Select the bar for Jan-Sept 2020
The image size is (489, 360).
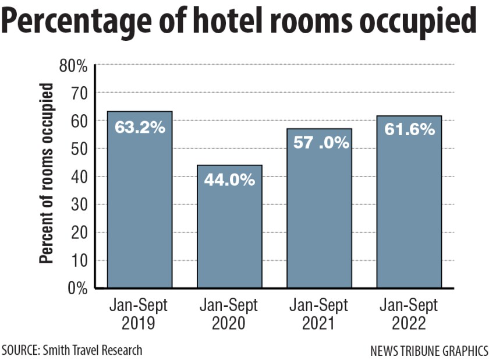click(x=229, y=233)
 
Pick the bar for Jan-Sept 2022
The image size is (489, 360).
click(x=409, y=210)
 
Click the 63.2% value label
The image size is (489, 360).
click(x=140, y=128)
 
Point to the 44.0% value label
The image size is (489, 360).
click(x=229, y=180)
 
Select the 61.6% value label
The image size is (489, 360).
click(x=409, y=129)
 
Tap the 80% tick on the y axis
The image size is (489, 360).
click(x=73, y=66)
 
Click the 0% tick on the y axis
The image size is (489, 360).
click(x=77, y=288)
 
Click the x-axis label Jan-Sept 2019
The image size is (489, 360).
click(x=140, y=314)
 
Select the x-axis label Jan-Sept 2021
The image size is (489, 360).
click(x=319, y=314)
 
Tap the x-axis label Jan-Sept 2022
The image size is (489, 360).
click(x=409, y=314)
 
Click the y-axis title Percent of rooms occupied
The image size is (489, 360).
click(x=47, y=174)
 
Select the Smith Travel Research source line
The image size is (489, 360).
click(x=72, y=350)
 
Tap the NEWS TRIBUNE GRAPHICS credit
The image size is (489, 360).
click(x=428, y=351)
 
